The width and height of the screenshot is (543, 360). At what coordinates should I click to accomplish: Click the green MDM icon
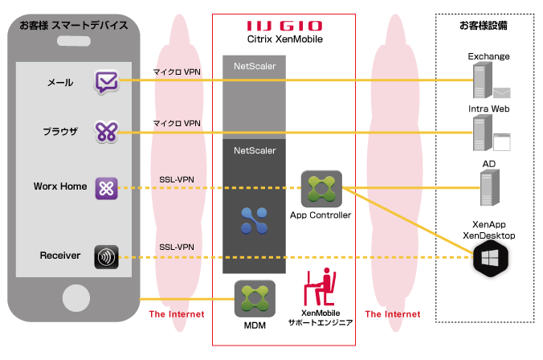(255, 297)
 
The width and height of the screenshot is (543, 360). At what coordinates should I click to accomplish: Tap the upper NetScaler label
(255, 66)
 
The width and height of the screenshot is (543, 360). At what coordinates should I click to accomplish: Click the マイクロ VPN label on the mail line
(178, 72)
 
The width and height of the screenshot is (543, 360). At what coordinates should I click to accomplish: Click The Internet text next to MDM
(176, 314)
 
